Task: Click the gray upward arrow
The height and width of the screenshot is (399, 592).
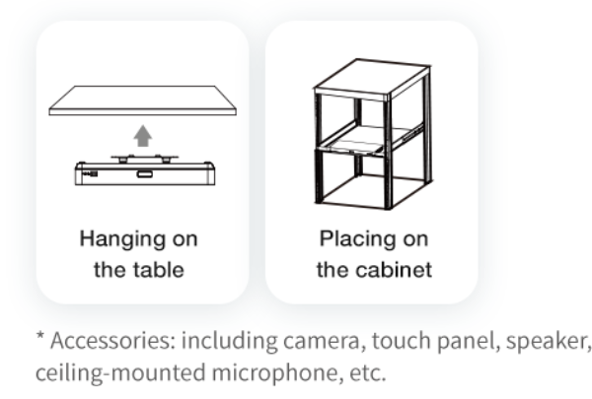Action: (143, 136)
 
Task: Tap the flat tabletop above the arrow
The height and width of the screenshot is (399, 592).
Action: (143, 100)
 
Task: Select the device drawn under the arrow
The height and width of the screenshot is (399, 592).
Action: (145, 170)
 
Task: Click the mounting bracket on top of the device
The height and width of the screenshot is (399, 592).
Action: (145, 159)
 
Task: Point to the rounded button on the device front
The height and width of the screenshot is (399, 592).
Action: (145, 174)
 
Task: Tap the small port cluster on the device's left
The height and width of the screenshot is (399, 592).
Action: (90, 173)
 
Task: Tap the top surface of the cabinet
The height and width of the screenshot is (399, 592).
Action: (372, 76)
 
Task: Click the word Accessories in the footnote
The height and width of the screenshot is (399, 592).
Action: (112, 341)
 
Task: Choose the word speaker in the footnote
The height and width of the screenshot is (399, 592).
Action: (549, 342)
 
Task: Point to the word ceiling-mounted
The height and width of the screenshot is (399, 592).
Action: (120, 373)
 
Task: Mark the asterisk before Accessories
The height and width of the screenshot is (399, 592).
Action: (40, 335)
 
